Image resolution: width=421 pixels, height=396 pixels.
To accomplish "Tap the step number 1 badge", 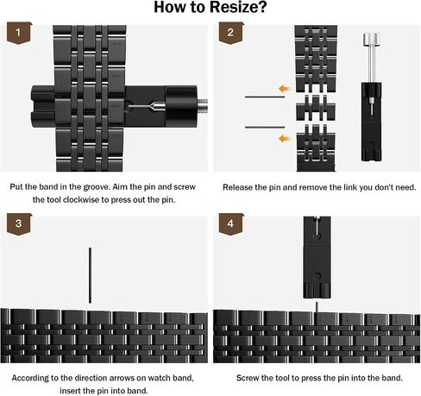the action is click(x=19, y=33).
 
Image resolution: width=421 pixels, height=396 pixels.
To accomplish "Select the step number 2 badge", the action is click(x=231, y=33).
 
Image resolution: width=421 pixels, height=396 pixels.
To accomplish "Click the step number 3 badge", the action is click(x=19, y=223).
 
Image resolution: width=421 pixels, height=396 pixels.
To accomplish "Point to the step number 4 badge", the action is click(x=231, y=223).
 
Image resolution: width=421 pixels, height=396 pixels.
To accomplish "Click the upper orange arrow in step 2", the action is click(x=285, y=88).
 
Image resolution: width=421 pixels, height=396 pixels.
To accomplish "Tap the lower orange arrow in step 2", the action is click(x=285, y=139).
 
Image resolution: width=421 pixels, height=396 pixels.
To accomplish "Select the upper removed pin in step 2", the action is click(x=265, y=97).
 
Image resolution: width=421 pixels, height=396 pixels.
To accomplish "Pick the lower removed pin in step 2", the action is click(x=265, y=127).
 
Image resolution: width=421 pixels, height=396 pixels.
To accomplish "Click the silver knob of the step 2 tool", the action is click(x=371, y=39).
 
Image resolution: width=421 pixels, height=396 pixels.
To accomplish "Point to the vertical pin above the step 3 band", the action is click(x=90, y=275).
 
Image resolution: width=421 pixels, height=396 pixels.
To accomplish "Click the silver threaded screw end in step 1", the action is click(x=203, y=106).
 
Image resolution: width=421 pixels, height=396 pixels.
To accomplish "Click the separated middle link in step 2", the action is click(x=316, y=108).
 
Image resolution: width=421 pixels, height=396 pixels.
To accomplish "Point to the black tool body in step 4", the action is click(x=317, y=257).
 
